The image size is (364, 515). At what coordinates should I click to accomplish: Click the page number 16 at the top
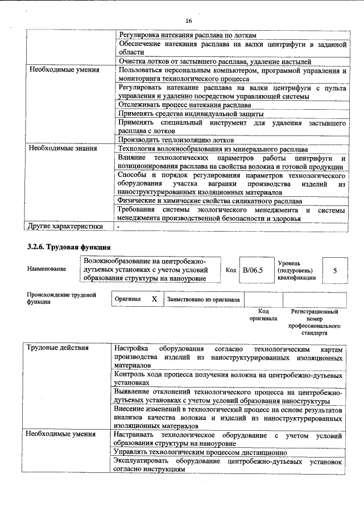pyautogui.click(x=189, y=20)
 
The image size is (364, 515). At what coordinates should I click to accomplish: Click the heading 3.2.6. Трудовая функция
pyautogui.click(x=68, y=246)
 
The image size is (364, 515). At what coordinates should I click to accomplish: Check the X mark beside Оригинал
pyautogui.click(x=154, y=299)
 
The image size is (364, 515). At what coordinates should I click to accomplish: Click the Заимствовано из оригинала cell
pyautogui.click(x=203, y=299)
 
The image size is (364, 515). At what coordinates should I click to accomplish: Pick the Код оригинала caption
pyautogui.click(x=263, y=315)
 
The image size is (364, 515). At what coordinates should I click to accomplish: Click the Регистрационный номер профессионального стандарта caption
pyautogui.click(x=315, y=322)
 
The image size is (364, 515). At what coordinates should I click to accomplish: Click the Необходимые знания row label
pyautogui.click(x=63, y=149)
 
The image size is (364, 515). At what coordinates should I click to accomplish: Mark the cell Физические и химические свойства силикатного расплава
pyautogui.click(x=209, y=201)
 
